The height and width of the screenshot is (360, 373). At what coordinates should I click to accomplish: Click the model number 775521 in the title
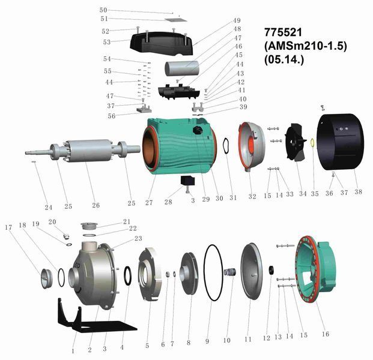pyautogui.click(x=283, y=32)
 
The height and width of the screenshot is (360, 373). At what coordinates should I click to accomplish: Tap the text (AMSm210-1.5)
pyautogui.click(x=306, y=46)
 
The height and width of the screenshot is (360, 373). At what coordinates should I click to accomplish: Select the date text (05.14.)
pyautogui.click(x=284, y=59)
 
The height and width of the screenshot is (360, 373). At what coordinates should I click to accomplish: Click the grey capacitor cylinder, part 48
pyautogui.click(x=182, y=68)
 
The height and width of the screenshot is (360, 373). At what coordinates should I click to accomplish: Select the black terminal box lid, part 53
pyautogui.click(x=162, y=44)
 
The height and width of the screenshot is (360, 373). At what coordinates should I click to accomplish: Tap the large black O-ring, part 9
pyautogui.click(x=213, y=273)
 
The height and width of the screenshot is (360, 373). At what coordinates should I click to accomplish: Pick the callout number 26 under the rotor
pyautogui.click(x=96, y=205)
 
